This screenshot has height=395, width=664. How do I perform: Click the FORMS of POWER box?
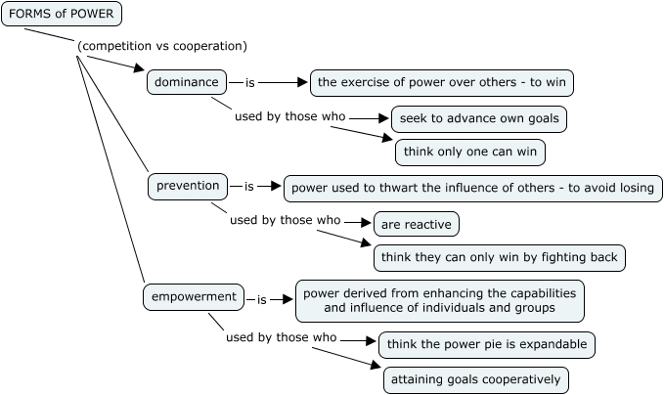point(62,14)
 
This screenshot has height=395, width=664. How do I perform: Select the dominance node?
point(186,82)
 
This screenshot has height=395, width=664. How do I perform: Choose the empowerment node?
point(195,295)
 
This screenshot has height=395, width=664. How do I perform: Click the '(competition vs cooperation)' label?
point(161,46)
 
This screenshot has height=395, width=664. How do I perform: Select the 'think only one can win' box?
point(469,153)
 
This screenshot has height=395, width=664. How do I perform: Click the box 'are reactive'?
point(416,224)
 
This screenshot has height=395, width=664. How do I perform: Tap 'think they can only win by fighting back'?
point(499,257)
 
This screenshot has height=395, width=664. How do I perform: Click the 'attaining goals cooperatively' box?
point(475,379)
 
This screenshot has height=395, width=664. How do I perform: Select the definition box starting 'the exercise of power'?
point(441,83)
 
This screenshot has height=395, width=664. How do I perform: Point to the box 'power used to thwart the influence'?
point(472,187)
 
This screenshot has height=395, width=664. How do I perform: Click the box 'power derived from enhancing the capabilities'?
point(440,300)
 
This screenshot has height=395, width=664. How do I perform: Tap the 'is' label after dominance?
point(249,83)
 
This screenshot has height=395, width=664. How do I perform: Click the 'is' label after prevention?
point(249,186)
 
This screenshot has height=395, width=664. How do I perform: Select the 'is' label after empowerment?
point(262,299)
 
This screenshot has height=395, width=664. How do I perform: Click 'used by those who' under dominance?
point(290,117)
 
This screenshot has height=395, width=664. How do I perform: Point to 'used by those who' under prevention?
point(285,220)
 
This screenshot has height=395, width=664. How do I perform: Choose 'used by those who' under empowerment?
point(281,337)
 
